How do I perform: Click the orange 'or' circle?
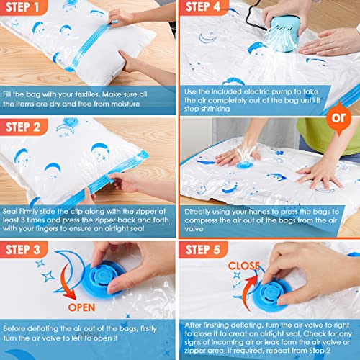(x=343, y=116)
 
